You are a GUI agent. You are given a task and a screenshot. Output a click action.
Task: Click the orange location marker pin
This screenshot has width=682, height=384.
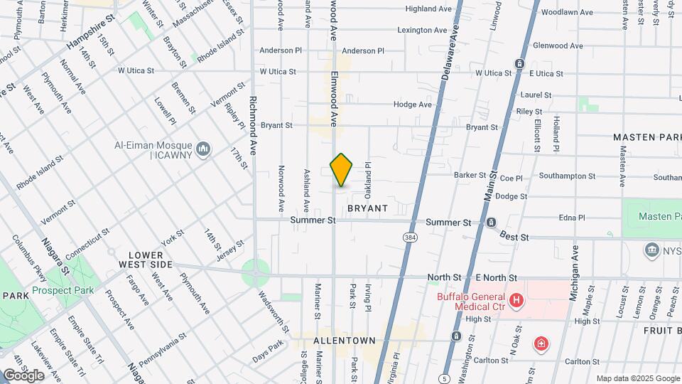tap(342, 170)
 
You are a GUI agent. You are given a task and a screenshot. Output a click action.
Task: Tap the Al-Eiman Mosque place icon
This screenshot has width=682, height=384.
tap(204, 149)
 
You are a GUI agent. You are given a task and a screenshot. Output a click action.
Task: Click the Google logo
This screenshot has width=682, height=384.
tap(23, 375)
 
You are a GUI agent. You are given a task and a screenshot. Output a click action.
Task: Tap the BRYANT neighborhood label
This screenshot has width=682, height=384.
tap(367, 208)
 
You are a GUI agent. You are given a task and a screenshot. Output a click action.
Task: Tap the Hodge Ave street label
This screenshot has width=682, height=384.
tap(413, 105)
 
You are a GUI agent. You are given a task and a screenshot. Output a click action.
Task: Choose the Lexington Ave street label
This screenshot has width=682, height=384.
tap(423, 31)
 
